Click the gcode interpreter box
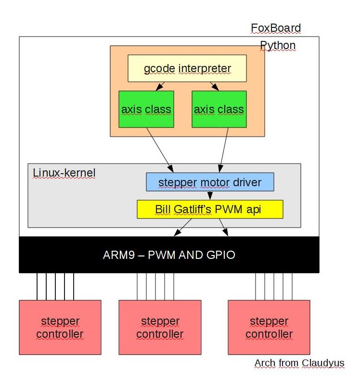point(187,68)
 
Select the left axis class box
point(146,109)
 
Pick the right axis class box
point(219,109)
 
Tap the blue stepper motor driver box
point(210,182)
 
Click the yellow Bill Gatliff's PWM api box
point(210,209)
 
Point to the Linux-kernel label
point(64,172)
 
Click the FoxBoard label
point(276,28)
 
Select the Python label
point(278,46)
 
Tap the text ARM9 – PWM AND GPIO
point(169,255)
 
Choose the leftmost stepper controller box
point(60,327)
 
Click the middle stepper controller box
point(160,327)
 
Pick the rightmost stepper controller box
point(269,327)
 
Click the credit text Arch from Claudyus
point(299,363)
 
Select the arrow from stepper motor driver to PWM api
point(210,195)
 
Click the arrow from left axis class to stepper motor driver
point(159,149)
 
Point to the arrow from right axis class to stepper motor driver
point(225,149)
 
